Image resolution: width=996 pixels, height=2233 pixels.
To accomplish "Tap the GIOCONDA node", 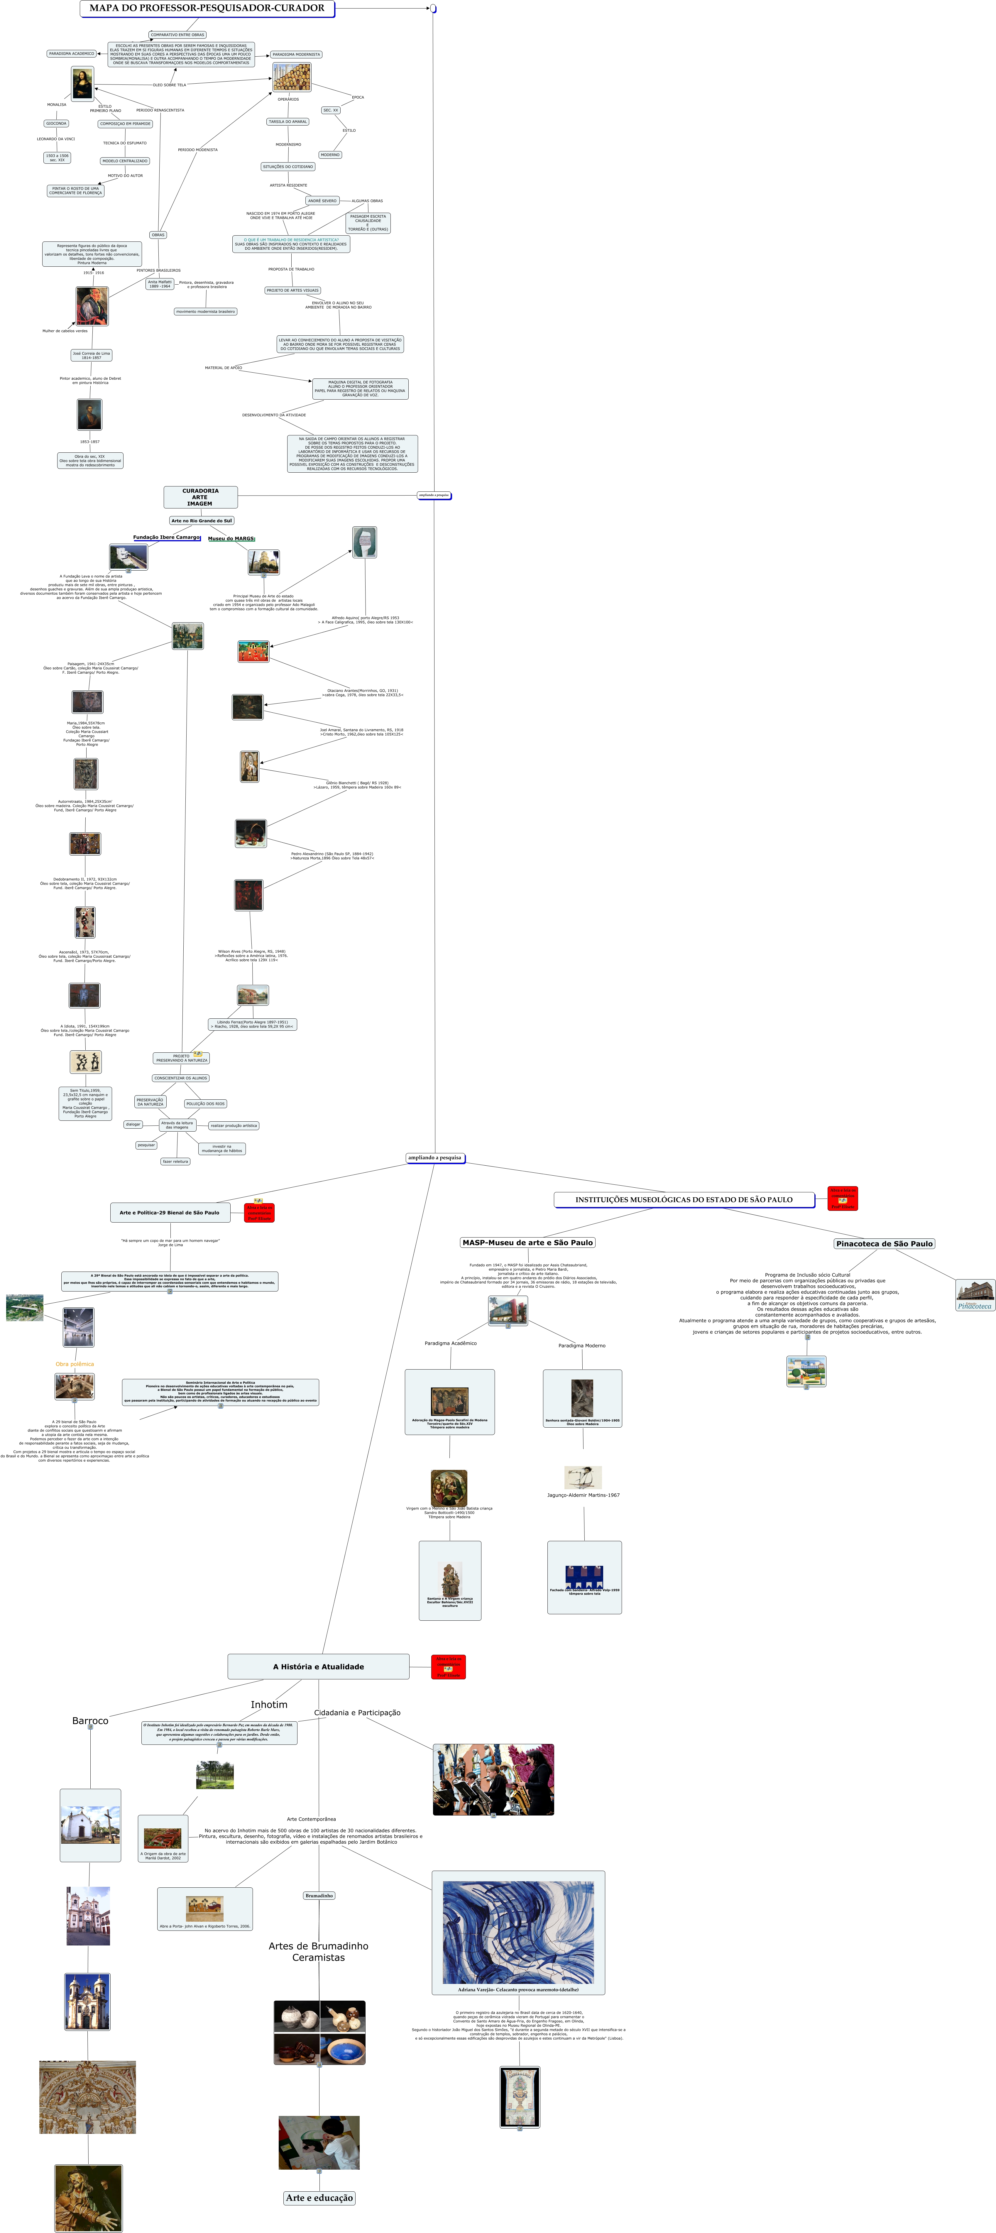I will tap(56, 123).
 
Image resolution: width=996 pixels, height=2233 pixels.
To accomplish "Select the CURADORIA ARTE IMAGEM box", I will tap(200, 497).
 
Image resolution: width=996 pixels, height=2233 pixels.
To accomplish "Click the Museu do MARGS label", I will tap(231, 538).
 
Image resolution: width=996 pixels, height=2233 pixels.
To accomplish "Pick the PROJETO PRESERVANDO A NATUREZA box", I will tap(181, 1058).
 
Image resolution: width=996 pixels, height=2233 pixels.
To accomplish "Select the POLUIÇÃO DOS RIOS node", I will tap(205, 1103).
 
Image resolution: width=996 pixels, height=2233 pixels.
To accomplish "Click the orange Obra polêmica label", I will tap(75, 1364).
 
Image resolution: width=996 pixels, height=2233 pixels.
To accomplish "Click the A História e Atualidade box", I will tap(318, 1666).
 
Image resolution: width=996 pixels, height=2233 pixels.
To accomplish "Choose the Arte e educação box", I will tap(319, 2197).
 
